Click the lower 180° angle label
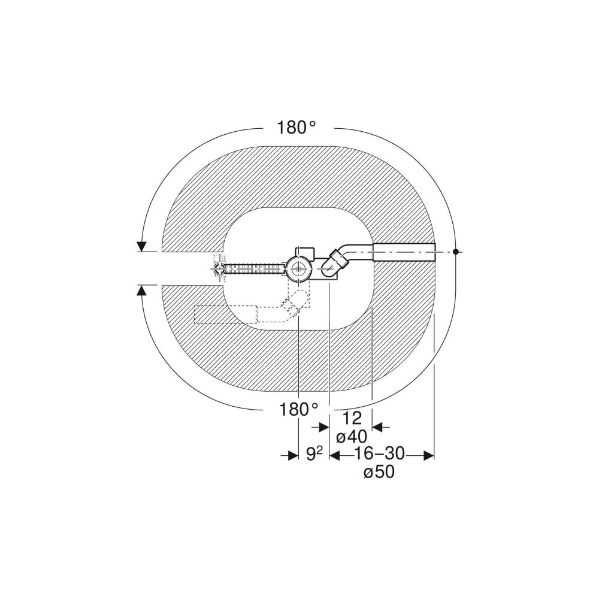pos(299,410)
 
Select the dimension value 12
pos(352,419)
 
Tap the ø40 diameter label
pos(352,436)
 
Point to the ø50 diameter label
pos(379,472)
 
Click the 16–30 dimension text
pos(379,454)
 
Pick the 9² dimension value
pos(314,454)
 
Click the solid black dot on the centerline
pos(455,252)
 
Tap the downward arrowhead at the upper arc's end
pos(142,247)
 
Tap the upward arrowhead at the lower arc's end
pos(142,291)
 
